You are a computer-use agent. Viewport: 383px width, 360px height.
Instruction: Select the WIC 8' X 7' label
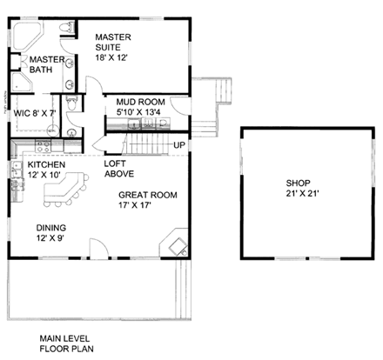[x=34, y=112]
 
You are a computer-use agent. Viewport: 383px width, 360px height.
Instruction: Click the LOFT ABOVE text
[x=118, y=168]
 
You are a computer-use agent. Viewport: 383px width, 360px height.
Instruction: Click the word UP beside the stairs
[x=180, y=144]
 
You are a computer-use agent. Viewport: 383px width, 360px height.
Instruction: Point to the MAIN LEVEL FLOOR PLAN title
[x=68, y=343]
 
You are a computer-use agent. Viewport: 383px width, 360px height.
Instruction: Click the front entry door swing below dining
[x=99, y=251]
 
